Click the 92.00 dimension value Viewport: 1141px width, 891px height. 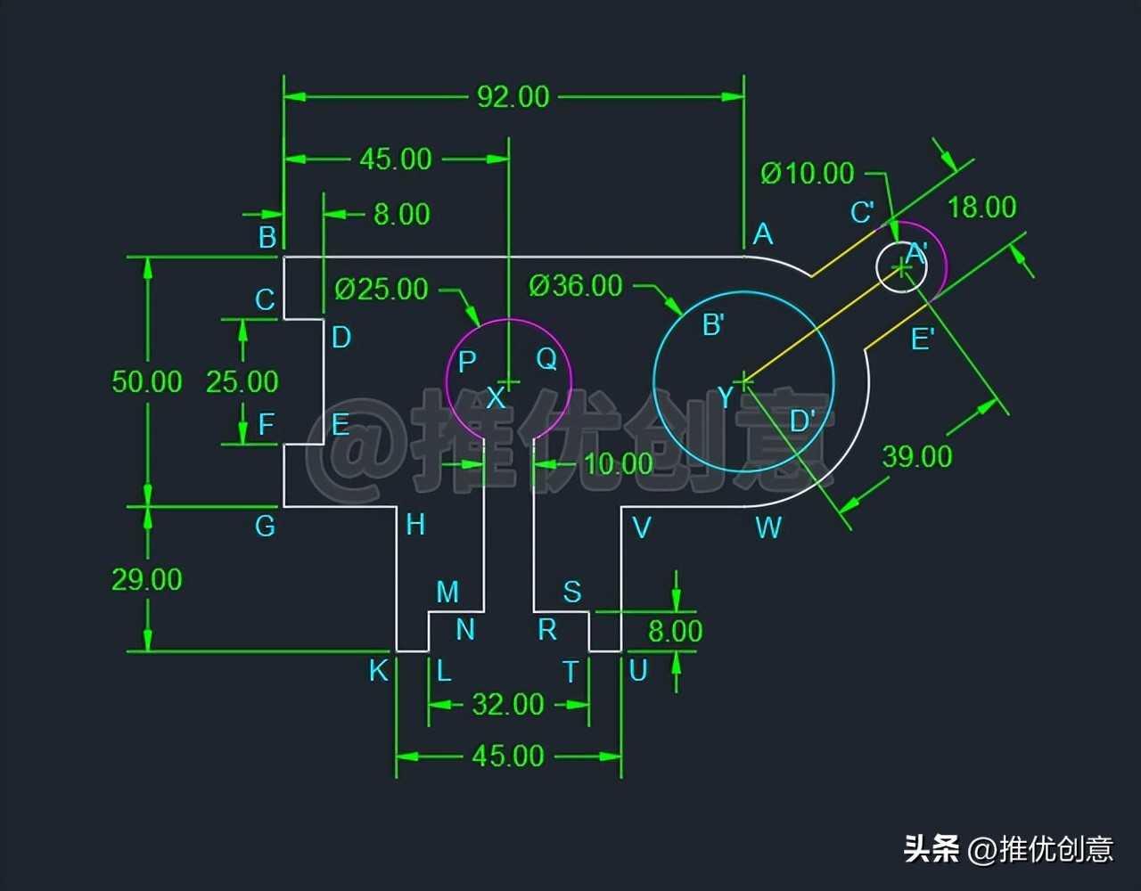pyautogui.click(x=513, y=96)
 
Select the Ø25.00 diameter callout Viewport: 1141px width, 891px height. pyautogui.click(x=382, y=289)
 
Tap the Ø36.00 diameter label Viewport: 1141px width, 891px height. pyautogui.click(x=575, y=286)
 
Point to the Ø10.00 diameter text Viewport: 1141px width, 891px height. pyautogui.click(x=807, y=173)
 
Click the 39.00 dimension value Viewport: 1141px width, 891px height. pyautogui.click(x=916, y=457)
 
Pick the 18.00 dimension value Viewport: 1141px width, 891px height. pyautogui.click(x=981, y=208)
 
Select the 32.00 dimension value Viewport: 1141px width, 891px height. pyautogui.click(x=507, y=705)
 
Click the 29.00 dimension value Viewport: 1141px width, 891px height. pyautogui.click(x=146, y=580)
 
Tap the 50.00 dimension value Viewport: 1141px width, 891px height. pyautogui.click(x=146, y=382)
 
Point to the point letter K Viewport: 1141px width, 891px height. pyautogui.click(x=379, y=670)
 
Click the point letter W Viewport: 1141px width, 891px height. pyautogui.click(x=768, y=527)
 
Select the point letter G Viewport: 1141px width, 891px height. pyautogui.click(x=265, y=527)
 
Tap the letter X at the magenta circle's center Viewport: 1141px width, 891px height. pyautogui.click(x=496, y=398)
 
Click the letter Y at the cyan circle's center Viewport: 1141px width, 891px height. pyautogui.click(x=726, y=398)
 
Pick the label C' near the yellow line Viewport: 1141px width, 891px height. pyautogui.click(x=861, y=213)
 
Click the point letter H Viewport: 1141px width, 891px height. pyautogui.click(x=415, y=525)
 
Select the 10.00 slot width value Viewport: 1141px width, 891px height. pyautogui.click(x=619, y=463)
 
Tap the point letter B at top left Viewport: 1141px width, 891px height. pyautogui.click(x=267, y=237)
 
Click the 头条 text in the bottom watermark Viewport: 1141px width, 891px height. pyautogui.click(x=932, y=848)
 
